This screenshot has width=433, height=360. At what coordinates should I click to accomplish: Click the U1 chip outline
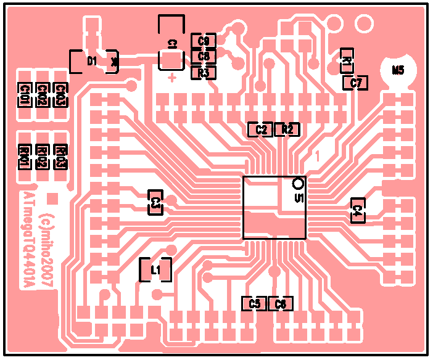click(x=274, y=208)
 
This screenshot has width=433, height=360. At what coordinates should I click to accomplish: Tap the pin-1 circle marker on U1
click(x=299, y=183)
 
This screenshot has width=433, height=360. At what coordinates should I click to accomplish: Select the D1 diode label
click(x=93, y=61)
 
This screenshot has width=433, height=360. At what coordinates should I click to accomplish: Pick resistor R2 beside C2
click(x=287, y=129)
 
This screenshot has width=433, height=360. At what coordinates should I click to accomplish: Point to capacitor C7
click(x=356, y=83)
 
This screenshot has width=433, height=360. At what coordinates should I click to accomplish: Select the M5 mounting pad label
click(x=398, y=70)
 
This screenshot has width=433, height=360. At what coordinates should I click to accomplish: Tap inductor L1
click(x=155, y=269)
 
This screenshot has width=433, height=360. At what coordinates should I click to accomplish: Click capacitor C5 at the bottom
click(x=254, y=303)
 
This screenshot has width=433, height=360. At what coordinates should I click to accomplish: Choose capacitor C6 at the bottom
click(x=281, y=303)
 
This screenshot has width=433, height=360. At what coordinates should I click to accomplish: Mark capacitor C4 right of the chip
click(x=358, y=210)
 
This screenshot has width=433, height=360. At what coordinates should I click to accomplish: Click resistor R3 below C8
click(x=204, y=73)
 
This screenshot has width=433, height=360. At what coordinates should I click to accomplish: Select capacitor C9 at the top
click(x=204, y=41)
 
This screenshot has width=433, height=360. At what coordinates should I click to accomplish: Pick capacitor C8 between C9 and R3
click(x=204, y=56)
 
